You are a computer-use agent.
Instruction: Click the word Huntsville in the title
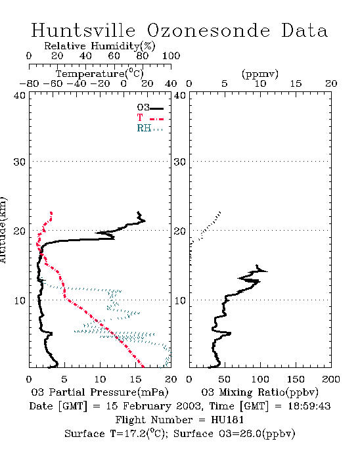tap(83, 30)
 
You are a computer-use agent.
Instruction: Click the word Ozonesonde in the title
tap(208, 30)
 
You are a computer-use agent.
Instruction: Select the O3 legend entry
tap(150, 108)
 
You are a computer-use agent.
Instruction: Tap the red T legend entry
tap(150, 118)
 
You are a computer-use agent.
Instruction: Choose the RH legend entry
tap(150, 128)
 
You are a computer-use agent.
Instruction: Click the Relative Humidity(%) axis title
tap(100, 46)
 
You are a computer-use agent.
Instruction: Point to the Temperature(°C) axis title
tap(100, 74)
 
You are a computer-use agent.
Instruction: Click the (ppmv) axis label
tap(260, 74)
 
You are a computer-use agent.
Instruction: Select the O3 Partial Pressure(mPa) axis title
tap(100, 392)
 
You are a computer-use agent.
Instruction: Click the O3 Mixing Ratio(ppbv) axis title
tap(259, 392)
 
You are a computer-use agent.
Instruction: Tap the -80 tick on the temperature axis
tap(29, 83)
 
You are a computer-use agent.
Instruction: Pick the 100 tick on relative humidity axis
tap(171, 56)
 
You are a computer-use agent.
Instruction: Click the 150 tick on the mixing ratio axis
tap(296, 379)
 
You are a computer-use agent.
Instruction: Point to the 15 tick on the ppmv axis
tap(296, 83)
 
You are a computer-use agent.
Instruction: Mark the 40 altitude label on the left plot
tap(19, 95)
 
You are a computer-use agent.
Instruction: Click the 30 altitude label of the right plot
tap(180, 162)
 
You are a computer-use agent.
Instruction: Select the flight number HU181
tap(227, 420)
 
